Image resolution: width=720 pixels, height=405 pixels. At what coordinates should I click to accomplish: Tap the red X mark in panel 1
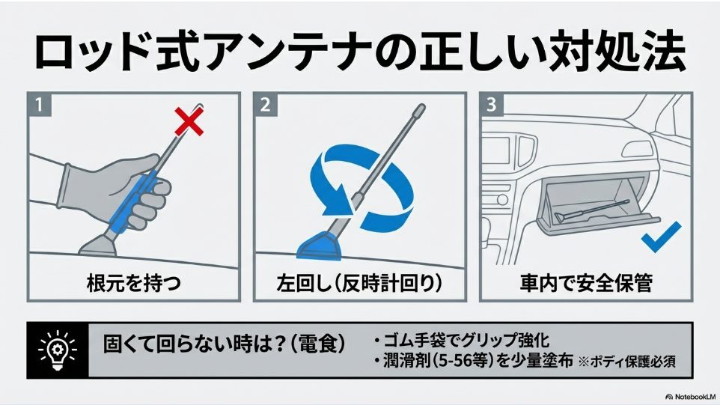tap(189, 121)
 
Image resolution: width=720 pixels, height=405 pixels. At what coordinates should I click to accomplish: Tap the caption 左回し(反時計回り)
tap(359, 284)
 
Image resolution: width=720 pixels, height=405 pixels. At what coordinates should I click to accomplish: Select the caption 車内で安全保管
tap(586, 284)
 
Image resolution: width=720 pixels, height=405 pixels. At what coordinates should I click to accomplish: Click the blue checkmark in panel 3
tap(661, 237)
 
